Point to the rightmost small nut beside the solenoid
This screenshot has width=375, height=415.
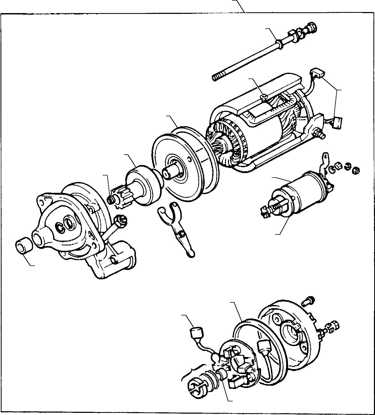[x=356, y=170]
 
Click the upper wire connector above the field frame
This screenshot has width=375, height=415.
[x=317, y=73]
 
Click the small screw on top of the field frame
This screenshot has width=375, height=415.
[x=264, y=97]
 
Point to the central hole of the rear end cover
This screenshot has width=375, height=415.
[x=291, y=332]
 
